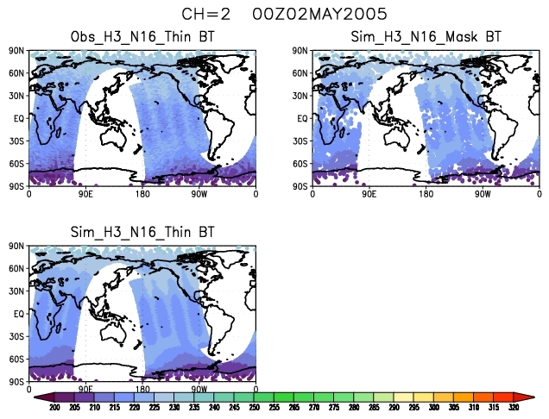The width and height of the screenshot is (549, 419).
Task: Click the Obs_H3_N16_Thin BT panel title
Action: [x=142, y=36]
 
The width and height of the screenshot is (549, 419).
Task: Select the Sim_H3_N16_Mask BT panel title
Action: [x=426, y=36]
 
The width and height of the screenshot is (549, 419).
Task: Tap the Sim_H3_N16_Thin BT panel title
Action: [x=142, y=232]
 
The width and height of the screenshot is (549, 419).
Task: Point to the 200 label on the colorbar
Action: [x=54, y=407]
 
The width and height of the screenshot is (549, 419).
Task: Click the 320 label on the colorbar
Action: [x=514, y=407]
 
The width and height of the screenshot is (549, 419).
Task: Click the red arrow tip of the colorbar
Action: [x=528, y=397]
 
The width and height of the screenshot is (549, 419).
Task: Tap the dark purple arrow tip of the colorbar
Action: [x=40, y=397]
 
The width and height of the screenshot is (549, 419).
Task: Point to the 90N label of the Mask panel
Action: [x=300, y=51]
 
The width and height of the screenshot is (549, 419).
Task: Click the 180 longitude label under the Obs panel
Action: [x=142, y=193]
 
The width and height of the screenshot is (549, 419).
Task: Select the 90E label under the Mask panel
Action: [x=369, y=193]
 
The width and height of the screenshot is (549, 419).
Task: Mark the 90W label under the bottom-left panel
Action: [x=199, y=389]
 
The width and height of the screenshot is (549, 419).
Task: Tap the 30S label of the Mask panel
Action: [x=300, y=141]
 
